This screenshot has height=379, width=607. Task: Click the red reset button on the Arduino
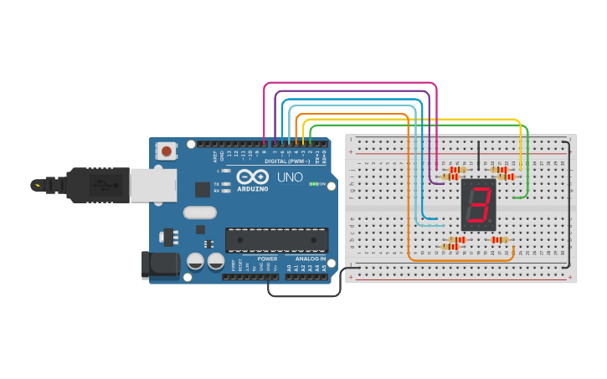point(167,151)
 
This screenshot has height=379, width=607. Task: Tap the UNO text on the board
point(289,177)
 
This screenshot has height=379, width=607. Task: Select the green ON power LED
point(313,183)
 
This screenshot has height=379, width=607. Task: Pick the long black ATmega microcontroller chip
point(276,239)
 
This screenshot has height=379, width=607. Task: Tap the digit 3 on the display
point(479,205)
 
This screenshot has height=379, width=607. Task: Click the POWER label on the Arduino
point(267,259)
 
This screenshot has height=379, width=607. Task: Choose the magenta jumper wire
point(352,83)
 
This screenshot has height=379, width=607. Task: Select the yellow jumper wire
point(419,120)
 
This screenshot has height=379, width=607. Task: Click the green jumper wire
point(419,125)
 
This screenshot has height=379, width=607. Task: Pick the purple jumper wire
point(352,90)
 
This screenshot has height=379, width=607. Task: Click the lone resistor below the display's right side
point(500,240)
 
